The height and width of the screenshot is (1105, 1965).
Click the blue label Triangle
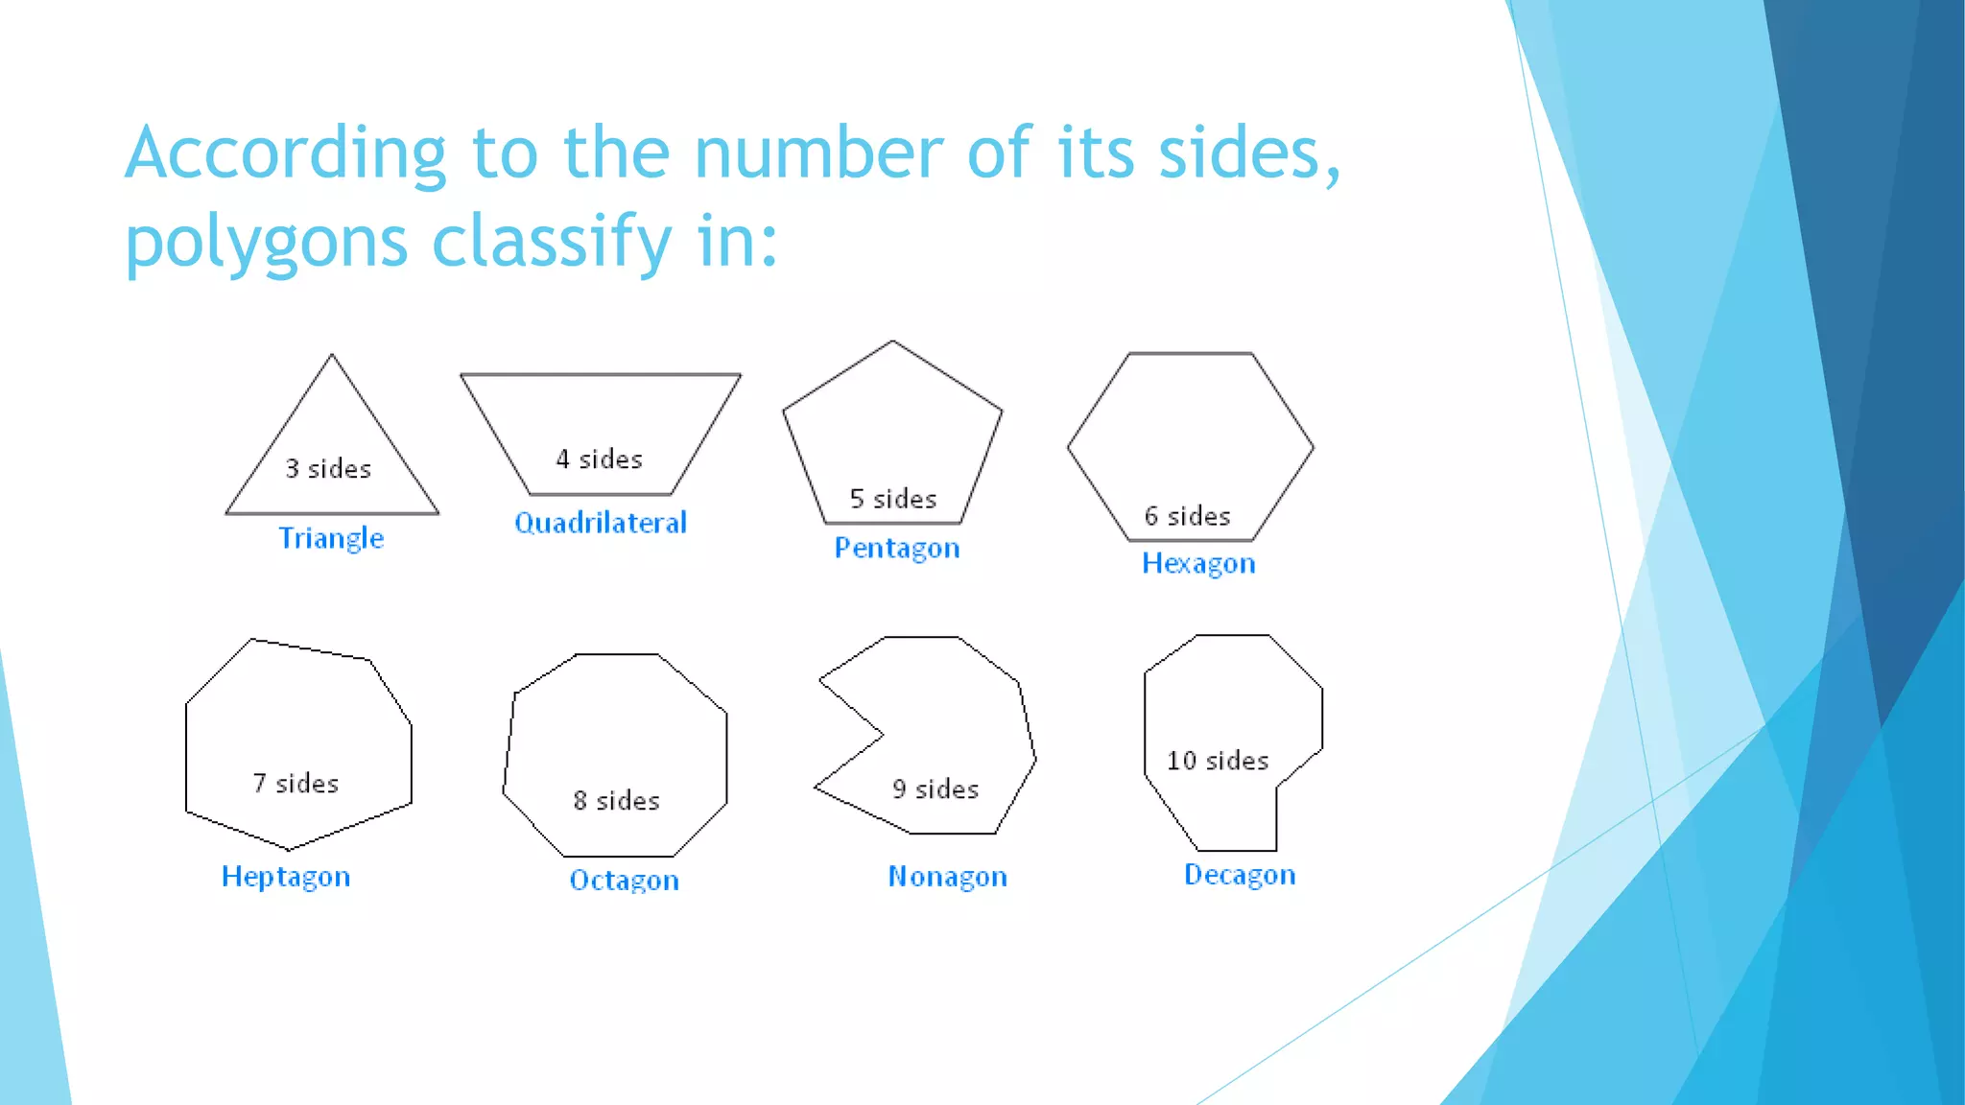click(331, 538)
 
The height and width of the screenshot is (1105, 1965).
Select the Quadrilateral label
click(601, 523)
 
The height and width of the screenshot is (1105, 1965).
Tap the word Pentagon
click(897, 548)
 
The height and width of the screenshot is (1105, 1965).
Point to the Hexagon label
click(1198, 563)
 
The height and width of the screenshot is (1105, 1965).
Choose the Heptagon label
click(286, 877)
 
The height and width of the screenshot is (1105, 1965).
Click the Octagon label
click(625, 881)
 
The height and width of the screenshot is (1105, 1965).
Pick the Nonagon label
click(948, 877)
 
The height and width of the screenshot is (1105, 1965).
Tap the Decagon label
click(1240, 875)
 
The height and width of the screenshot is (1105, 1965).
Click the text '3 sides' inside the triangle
click(328, 469)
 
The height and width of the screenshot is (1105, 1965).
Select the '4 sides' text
click(600, 459)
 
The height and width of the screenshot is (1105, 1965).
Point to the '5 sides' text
click(893, 499)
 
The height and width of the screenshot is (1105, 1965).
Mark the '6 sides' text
click(1188, 516)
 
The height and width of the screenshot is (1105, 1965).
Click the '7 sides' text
click(296, 784)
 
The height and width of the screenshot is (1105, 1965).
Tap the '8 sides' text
click(617, 801)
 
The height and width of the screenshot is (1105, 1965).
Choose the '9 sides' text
click(935, 789)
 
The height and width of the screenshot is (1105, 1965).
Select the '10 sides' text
click(1218, 761)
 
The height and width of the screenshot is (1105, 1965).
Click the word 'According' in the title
click(286, 153)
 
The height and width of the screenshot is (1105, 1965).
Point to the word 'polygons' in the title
click(267, 242)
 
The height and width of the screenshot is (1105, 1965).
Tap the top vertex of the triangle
click(332, 356)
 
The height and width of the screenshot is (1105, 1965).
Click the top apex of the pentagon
click(893, 341)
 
